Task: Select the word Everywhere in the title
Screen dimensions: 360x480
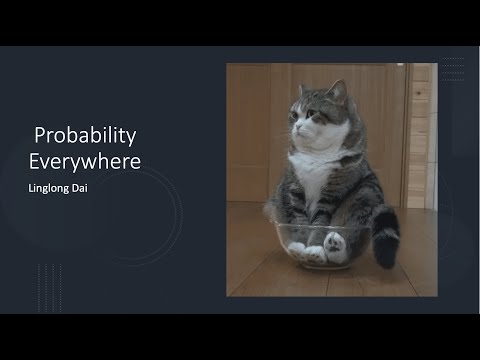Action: pos(85,159)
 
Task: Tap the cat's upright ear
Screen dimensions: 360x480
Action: pos(337,91)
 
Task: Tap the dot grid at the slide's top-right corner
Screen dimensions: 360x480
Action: pos(452,67)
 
